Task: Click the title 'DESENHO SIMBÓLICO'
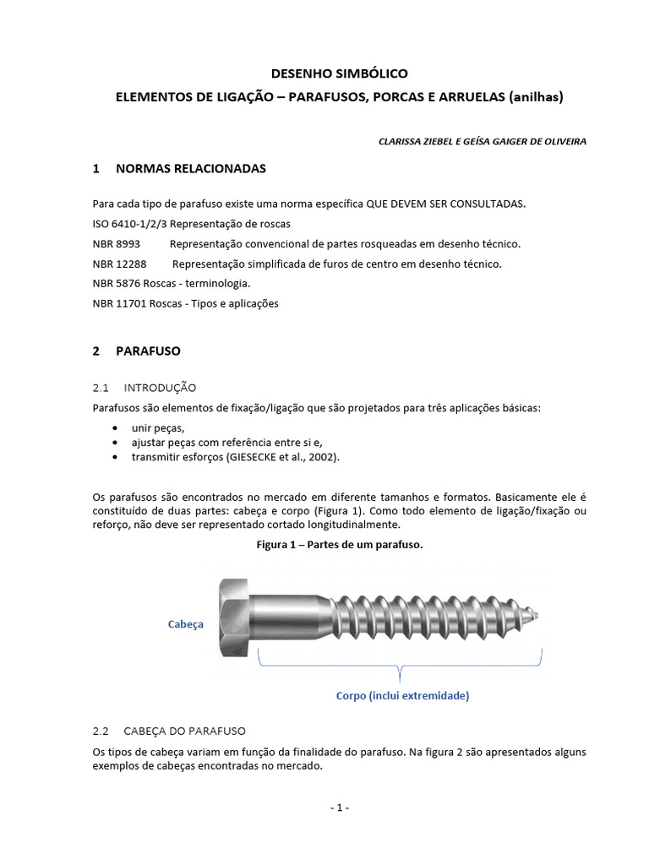coord(339,74)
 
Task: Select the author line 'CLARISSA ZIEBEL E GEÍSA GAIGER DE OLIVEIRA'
coord(483,141)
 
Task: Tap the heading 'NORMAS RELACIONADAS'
coord(190,169)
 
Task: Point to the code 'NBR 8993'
coord(116,244)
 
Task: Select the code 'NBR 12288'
coord(119,264)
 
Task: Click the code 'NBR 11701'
coord(119,303)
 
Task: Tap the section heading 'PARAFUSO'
coord(148,351)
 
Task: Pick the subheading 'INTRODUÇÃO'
coord(160,388)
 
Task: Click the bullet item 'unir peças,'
coord(157,428)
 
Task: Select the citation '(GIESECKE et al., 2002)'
coord(285,457)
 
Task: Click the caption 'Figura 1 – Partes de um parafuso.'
coord(339,545)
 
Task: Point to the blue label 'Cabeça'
coord(185,624)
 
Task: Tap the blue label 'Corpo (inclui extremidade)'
coord(402,696)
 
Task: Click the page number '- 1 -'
coord(339,808)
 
